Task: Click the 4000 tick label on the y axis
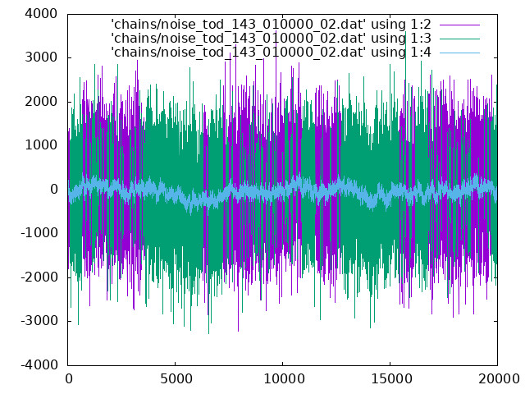[x=41, y=14]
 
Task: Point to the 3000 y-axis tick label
[x=41, y=57]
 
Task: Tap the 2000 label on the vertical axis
[x=41, y=102]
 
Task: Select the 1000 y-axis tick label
[x=41, y=145]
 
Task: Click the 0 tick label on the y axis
[x=54, y=190]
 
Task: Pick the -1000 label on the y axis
[x=39, y=233]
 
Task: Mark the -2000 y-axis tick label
[x=39, y=277]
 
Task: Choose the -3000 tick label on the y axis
[x=39, y=321]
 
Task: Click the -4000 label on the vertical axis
[x=39, y=364]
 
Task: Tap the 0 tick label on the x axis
[x=68, y=379]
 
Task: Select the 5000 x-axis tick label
[x=176, y=379]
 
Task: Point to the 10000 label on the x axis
[x=283, y=379]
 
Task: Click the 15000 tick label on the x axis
[x=390, y=379]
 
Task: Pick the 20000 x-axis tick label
[x=498, y=379]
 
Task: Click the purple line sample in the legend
[x=459, y=25]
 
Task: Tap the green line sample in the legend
[x=459, y=39]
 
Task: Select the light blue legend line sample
[x=459, y=53]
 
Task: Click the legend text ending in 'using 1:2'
[x=272, y=25]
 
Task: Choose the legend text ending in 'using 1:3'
[x=272, y=39]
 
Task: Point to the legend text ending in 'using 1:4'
[x=272, y=53]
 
